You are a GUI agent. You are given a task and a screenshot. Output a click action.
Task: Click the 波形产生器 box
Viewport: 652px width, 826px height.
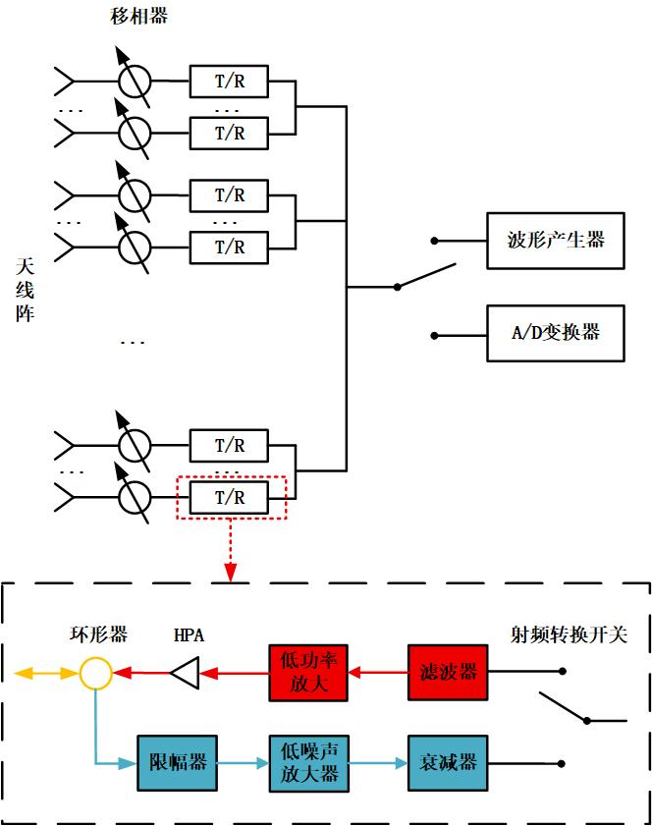[x=555, y=241]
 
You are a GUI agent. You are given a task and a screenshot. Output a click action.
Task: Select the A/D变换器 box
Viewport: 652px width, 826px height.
[x=555, y=332]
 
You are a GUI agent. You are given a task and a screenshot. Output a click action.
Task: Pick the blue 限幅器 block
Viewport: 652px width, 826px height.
[x=177, y=762]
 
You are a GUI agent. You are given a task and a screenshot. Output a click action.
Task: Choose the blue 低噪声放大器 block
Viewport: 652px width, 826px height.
[x=308, y=762]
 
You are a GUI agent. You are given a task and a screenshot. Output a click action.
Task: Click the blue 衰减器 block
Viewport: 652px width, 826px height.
[x=448, y=762]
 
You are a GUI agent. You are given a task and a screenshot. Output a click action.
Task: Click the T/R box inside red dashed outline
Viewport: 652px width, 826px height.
[x=230, y=499]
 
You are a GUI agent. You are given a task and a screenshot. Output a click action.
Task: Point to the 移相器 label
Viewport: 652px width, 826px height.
[x=135, y=19]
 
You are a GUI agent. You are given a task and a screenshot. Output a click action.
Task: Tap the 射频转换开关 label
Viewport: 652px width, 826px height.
[x=568, y=635]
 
